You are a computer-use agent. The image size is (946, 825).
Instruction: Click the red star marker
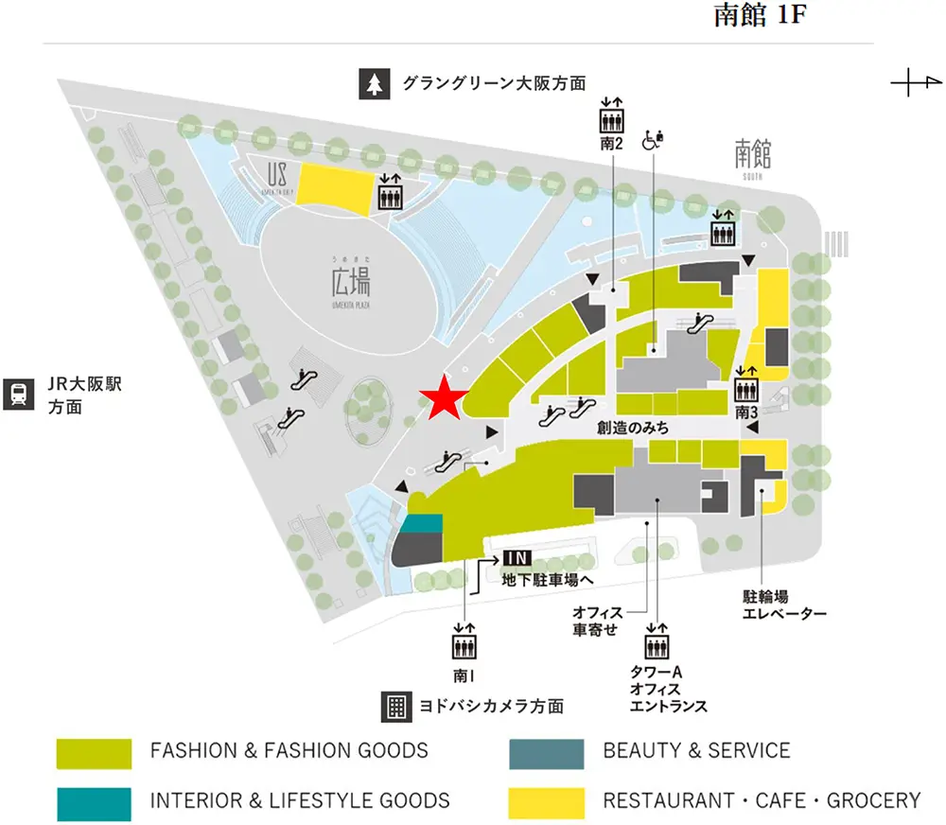tap(443, 400)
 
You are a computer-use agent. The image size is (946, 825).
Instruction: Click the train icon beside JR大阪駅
tap(18, 395)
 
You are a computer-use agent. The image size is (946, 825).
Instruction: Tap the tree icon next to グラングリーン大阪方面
tap(374, 84)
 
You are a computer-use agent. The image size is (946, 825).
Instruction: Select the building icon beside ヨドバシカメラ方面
tap(394, 706)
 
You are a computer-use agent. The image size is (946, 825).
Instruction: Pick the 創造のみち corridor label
tap(633, 429)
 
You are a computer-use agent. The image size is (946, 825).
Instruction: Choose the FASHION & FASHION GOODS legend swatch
tap(94, 752)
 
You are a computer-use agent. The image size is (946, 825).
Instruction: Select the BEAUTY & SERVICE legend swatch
tap(546, 752)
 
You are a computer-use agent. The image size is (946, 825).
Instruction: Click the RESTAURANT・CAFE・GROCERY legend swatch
tap(546, 801)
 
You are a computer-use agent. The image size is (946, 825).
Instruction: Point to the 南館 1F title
tap(760, 18)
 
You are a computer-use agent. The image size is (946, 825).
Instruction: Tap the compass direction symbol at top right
tap(911, 85)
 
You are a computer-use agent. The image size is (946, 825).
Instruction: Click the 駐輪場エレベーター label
tap(784, 606)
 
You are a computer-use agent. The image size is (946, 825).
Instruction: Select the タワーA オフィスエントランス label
tap(668, 689)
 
